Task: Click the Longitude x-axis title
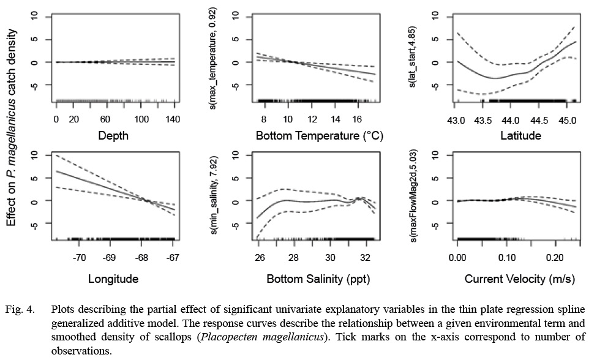113,279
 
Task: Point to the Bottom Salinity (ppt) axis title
318,279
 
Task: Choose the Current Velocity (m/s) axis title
520,279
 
